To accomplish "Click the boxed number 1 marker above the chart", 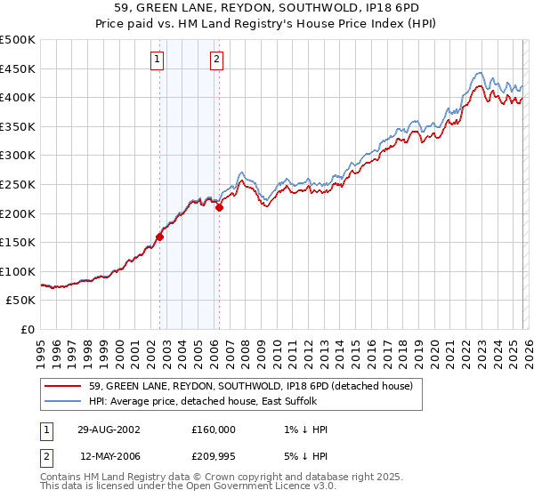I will [x=157, y=60].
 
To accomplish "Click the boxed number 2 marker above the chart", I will [x=216, y=60].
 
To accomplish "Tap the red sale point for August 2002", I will [x=160, y=237].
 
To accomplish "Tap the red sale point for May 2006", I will [x=219, y=208].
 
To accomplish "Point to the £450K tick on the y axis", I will [x=18, y=68].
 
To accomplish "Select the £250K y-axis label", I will [x=18, y=185].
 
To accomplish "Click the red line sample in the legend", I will [x=64, y=387].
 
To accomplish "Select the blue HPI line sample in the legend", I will [x=64, y=402].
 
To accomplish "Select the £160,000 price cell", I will [x=214, y=430].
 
